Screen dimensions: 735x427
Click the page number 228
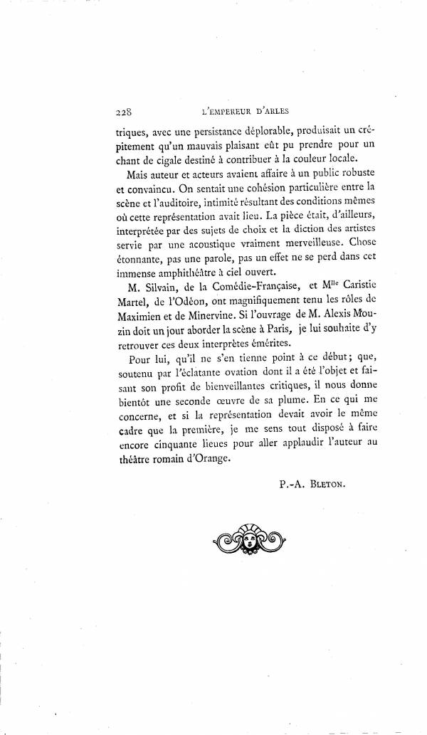click(125, 112)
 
